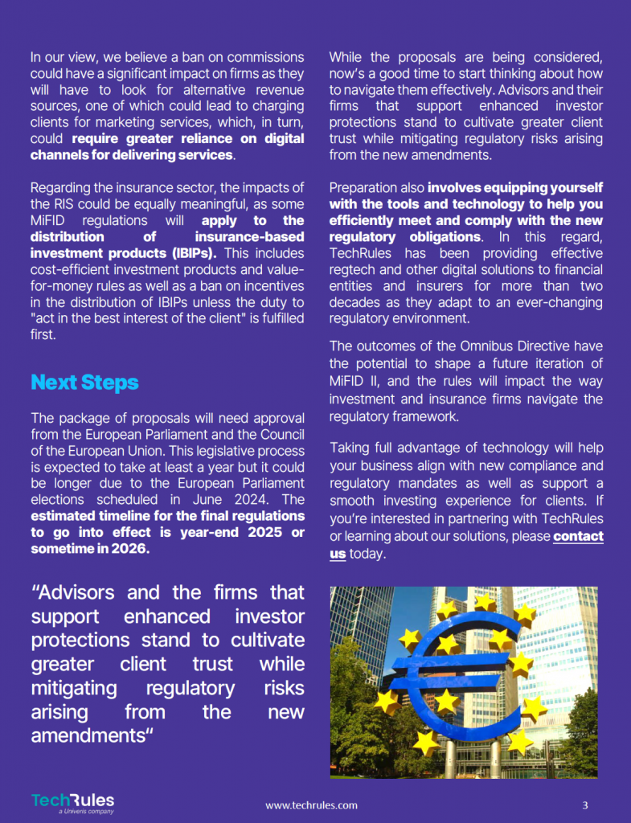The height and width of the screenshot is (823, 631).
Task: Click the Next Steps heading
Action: [x=84, y=383]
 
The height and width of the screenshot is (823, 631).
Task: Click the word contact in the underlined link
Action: [x=578, y=536]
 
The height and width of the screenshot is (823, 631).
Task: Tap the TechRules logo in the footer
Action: [x=73, y=801]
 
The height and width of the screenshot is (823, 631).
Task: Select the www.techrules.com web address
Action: [x=311, y=805]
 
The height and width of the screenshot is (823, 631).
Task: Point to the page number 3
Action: [x=585, y=805]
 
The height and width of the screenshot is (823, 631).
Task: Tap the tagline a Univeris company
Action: [x=86, y=812]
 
